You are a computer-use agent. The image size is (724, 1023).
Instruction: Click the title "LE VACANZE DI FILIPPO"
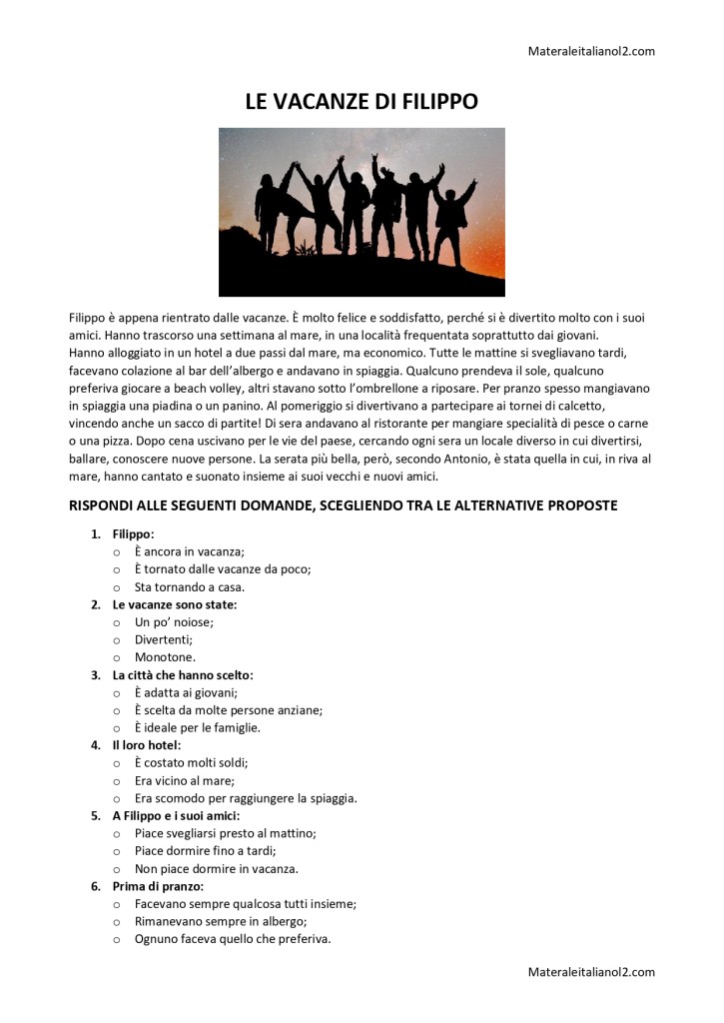[362, 102]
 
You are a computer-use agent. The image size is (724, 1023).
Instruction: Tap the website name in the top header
[591, 51]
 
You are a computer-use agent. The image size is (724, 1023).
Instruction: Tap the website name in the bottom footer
[591, 971]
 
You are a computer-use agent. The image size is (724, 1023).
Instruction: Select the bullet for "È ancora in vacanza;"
[117, 551]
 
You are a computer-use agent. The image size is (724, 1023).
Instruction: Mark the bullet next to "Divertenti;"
[117, 640]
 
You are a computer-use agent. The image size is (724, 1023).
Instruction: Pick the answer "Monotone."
[165, 658]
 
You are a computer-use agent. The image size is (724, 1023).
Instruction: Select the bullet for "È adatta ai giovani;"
[117, 693]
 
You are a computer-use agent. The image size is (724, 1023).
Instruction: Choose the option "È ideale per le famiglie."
[197, 728]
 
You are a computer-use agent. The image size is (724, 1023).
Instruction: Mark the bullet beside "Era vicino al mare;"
[117, 781]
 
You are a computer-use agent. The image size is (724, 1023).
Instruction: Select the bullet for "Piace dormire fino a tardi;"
[117, 851]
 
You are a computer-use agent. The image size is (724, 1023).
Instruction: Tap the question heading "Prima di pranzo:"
[158, 886]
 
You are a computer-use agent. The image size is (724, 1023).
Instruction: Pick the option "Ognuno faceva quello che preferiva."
[233, 939]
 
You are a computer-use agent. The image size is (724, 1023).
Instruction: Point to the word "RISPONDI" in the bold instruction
[102, 507]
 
